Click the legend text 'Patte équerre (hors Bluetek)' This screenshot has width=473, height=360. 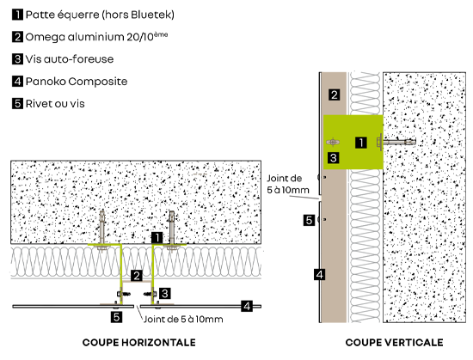click(x=100, y=15)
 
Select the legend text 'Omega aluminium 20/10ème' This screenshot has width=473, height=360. click(x=96, y=36)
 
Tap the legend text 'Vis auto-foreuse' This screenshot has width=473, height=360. click(x=70, y=59)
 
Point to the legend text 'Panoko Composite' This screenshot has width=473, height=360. click(x=77, y=82)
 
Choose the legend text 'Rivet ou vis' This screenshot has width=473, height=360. click(x=55, y=104)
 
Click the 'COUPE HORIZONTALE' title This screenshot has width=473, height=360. click(x=139, y=343)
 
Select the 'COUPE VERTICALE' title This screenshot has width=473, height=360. click(x=394, y=343)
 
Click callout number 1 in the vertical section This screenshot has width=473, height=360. click(x=361, y=143)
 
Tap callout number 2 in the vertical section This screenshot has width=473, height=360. click(x=335, y=95)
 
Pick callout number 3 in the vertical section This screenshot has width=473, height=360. click(x=334, y=158)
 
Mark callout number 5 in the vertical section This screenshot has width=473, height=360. click(x=309, y=220)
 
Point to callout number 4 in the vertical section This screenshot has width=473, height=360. click(x=319, y=274)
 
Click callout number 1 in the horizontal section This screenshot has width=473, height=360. click(x=157, y=238)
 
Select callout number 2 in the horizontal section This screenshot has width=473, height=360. click(x=137, y=276)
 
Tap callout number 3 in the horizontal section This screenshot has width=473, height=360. click(x=165, y=294)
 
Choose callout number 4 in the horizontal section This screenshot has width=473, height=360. click(x=247, y=307)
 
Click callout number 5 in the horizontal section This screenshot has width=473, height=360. click(x=116, y=317)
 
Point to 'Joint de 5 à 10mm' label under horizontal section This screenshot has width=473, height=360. click(x=183, y=320)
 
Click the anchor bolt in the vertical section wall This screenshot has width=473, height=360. click(x=396, y=142)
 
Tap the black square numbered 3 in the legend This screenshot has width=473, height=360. click(x=17, y=58)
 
